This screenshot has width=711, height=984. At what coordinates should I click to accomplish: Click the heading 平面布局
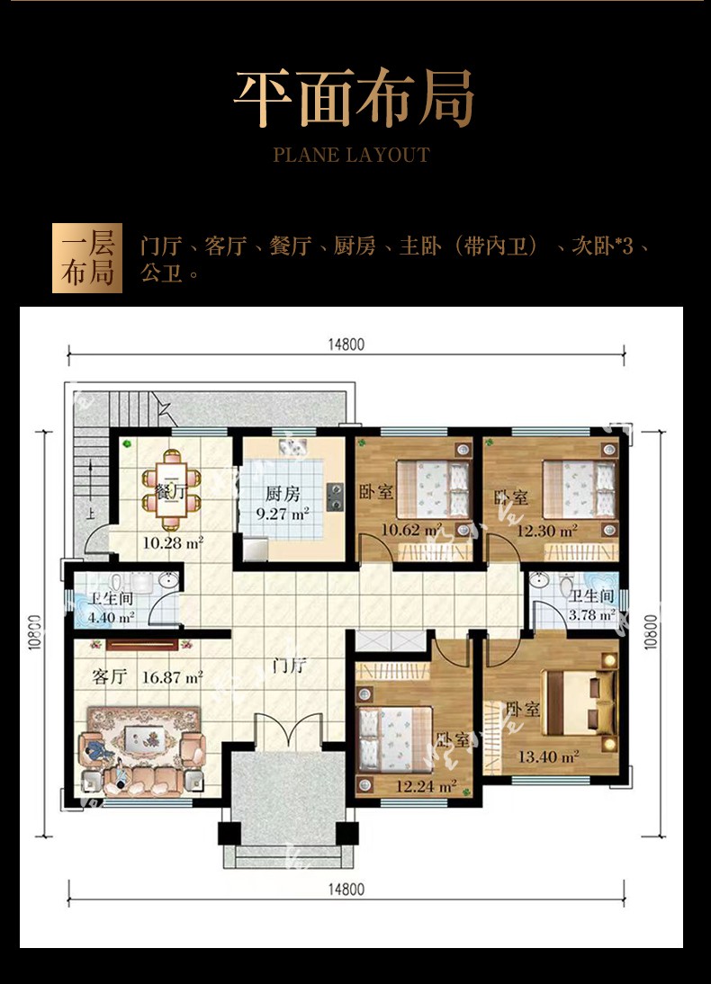coord(354,99)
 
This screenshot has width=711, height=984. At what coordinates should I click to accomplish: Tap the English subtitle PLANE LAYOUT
coord(352,155)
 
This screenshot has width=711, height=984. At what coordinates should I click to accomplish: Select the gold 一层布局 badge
coord(87,258)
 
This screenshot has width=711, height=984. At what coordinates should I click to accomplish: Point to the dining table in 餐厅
coord(170,490)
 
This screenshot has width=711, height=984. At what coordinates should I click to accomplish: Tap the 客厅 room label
coord(109,676)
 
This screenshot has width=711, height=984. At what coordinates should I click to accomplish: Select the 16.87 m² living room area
coord(172,677)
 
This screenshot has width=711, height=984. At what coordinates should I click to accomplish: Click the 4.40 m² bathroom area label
coord(112,617)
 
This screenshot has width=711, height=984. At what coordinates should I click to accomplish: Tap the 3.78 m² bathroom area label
coord(591,614)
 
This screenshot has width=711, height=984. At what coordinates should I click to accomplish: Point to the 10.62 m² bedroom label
coord(411,530)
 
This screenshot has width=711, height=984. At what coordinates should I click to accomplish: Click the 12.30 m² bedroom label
coord(546,531)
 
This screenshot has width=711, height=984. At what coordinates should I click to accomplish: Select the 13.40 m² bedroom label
coord(548,756)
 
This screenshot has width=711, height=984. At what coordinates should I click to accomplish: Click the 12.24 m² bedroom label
coord(426,786)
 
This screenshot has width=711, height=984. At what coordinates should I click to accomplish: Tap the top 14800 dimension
coord(346,344)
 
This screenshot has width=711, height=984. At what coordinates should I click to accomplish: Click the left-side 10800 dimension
coord(35,631)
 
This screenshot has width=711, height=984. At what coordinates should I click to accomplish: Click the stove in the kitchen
coord(335,496)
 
